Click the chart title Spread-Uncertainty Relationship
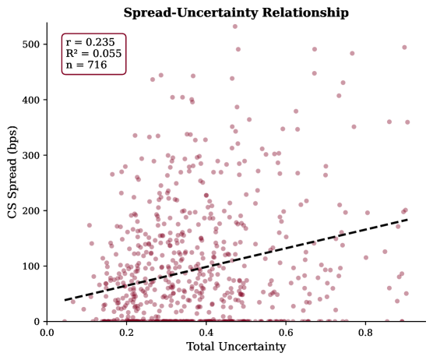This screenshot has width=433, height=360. click(x=236, y=12)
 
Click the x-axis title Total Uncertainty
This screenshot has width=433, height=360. click(x=236, y=347)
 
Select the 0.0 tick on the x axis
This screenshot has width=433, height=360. click(x=47, y=332)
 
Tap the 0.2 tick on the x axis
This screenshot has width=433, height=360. click(x=126, y=332)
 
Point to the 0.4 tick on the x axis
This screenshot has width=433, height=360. click(x=206, y=332)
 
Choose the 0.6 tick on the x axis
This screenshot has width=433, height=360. click(x=285, y=332)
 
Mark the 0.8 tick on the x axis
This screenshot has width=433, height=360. click(x=364, y=332)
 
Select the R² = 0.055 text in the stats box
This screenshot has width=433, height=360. click(x=90, y=54)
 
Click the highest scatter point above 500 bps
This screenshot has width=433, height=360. click(x=235, y=26)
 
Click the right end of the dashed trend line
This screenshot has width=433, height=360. click(x=407, y=220)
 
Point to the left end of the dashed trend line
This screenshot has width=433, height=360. click(x=65, y=300)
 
